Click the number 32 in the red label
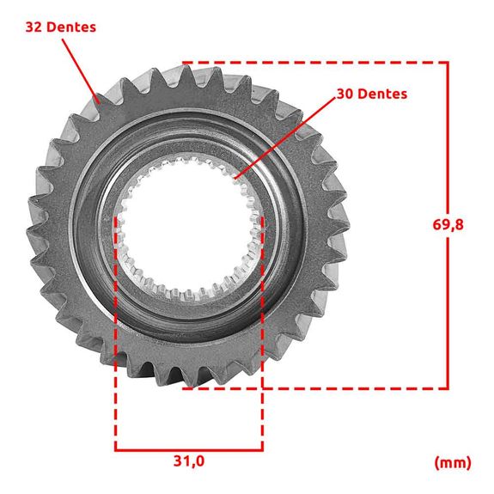coord(34,27)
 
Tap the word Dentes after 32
coord(71,27)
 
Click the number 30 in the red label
coord(345,94)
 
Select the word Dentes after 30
coord(383,94)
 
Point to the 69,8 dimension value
coord(448,225)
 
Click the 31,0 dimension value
coord(189,461)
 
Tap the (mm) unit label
coord(453,463)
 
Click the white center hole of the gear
coord(188,226)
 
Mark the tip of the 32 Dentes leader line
coord(99,103)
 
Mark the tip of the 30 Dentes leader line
coord(235,178)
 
